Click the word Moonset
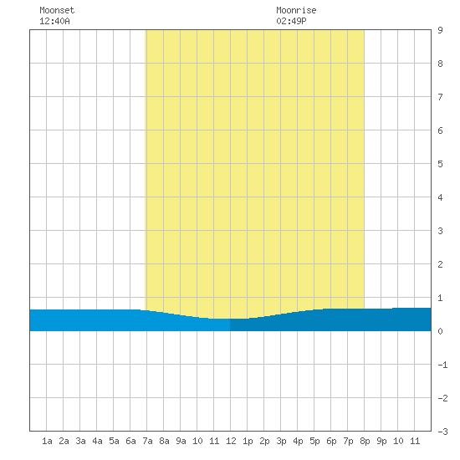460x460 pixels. pyautogui.click(x=57, y=10)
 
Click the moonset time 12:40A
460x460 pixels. pyautogui.click(x=54, y=21)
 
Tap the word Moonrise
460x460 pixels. pyautogui.click(x=296, y=10)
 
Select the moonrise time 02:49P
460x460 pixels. pyautogui.click(x=291, y=21)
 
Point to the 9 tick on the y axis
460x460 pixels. pyautogui.click(x=440, y=30)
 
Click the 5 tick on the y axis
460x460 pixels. pyautogui.click(x=440, y=164)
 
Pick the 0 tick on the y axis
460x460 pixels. pyautogui.click(x=440, y=331)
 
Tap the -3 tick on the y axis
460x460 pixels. pyautogui.click(x=442, y=432)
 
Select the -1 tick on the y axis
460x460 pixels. pyautogui.click(x=442, y=365)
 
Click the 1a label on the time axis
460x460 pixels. pyautogui.click(x=47, y=441)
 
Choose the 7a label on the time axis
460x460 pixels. pyautogui.click(x=147, y=441)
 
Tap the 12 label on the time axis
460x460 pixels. pyautogui.click(x=231, y=441)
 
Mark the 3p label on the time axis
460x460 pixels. pyautogui.click(x=281, y=441)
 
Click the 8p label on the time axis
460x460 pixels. pyautogui.click(x=365, y=441)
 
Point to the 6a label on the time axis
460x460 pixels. pyautogui.click(x=130, y=441)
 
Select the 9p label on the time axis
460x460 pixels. pyautogui.click(x=381, y=441)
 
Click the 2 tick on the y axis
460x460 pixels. pyautogui.click(x=440, y=264)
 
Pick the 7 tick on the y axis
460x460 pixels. pyautogui.click(x=440, y=97)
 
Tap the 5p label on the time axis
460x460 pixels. pyautogui.click(x=314, y=441)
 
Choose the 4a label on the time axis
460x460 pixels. pyautogui.click(x=97, y=441)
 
